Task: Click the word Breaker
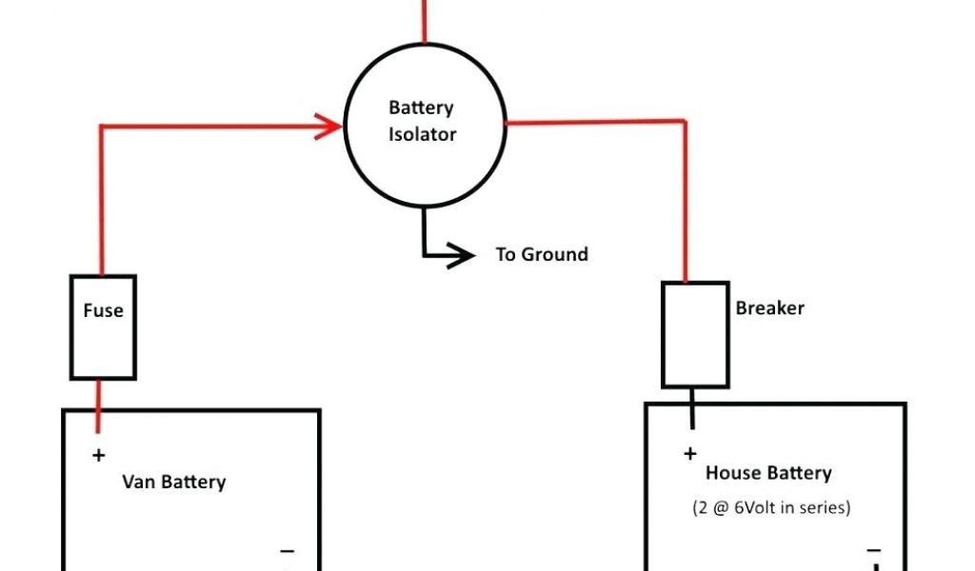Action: [x=769, y=308]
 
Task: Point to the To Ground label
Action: [x=542, y=255]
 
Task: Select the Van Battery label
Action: [x=174, y=482]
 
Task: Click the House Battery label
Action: [x=768, y=473]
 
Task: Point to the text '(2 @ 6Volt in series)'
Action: [x=771, y=507]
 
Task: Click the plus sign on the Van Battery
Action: [x=98, y=456]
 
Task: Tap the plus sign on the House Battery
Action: [x=690, y=454]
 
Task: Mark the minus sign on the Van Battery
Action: [x=287, y=551]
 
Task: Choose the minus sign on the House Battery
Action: [x=873, y=550]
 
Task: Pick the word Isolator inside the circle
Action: [x=423, y=135]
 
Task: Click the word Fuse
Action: [x=103, y=310]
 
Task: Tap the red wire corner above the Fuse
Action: [x=101, y=126]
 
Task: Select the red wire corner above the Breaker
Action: [x=684, y=122]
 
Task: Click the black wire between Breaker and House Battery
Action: [x=693, y=407]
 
